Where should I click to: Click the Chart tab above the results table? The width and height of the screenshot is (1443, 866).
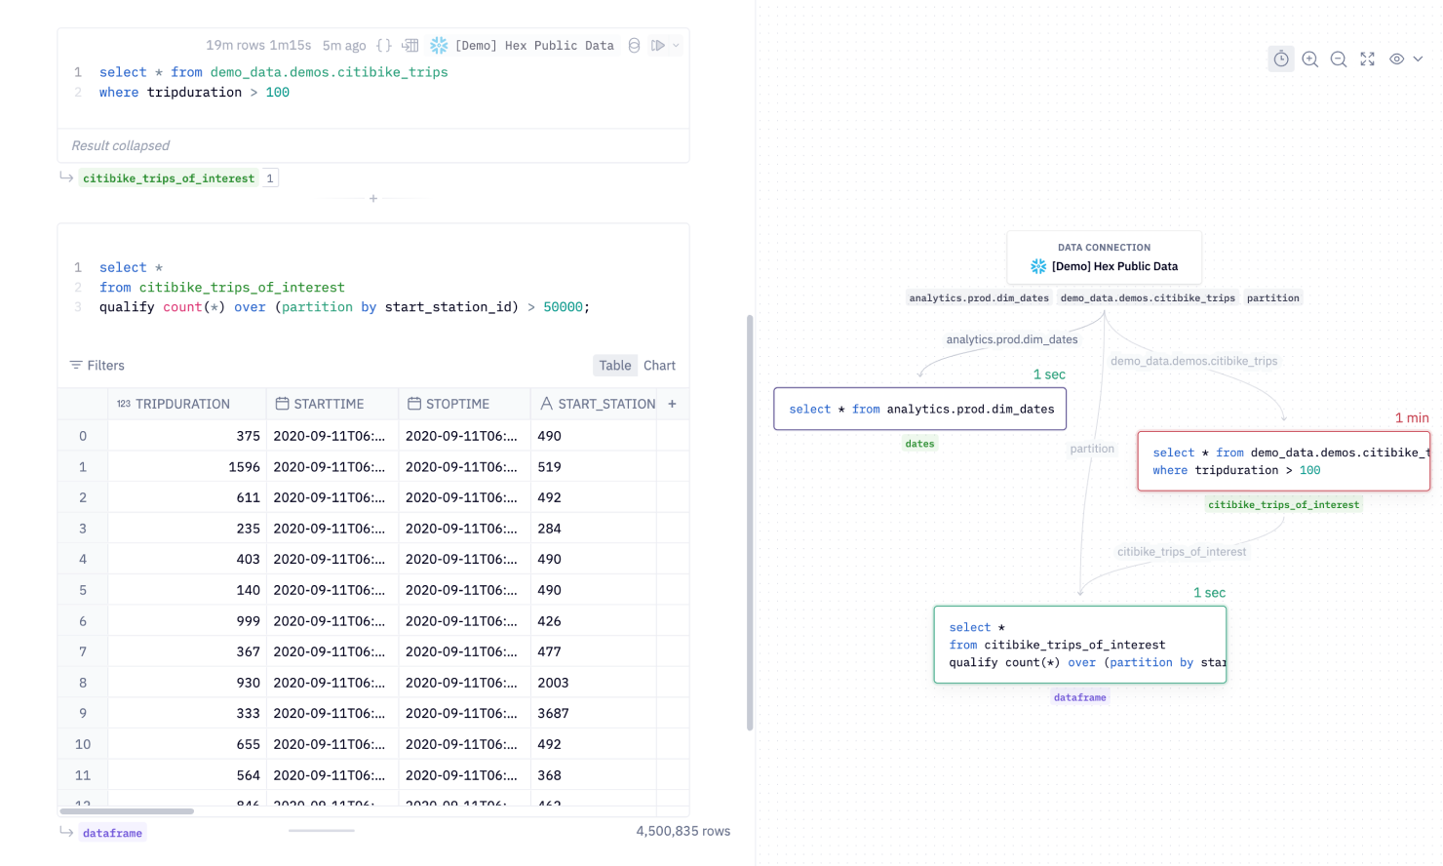(659, 366)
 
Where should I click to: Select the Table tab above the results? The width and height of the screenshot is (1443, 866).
(615, 366)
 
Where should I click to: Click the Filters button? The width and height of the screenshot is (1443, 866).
(97, 366)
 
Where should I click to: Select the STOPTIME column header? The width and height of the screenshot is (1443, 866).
(457, 404)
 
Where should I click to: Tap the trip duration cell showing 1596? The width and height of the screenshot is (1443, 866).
(244, 467)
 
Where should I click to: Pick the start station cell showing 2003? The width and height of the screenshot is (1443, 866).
(553, 683)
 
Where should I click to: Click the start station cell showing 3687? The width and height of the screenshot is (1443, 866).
(553, 714)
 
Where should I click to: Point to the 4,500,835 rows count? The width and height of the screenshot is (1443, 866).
(682, 831)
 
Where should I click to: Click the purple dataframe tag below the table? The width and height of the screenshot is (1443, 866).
(112, 833)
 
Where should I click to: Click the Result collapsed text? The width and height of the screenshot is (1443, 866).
(121, 145)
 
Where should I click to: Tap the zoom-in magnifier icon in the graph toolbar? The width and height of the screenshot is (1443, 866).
(1310, 59)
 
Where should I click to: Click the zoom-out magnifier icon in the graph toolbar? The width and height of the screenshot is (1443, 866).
(1339, 59)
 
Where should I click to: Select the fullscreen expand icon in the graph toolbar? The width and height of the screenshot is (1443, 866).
(1368, 59)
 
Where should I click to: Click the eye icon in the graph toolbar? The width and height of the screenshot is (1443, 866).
(1397, 59)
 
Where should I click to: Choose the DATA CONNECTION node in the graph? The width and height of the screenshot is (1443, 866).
(1104, 257)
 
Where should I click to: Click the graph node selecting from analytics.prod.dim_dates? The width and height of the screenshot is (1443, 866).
(920, 410)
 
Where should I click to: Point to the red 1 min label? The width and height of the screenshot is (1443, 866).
(1412, 418)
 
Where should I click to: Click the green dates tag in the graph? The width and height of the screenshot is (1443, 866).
(919, 444)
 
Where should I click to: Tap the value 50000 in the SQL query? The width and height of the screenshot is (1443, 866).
(563, 307)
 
